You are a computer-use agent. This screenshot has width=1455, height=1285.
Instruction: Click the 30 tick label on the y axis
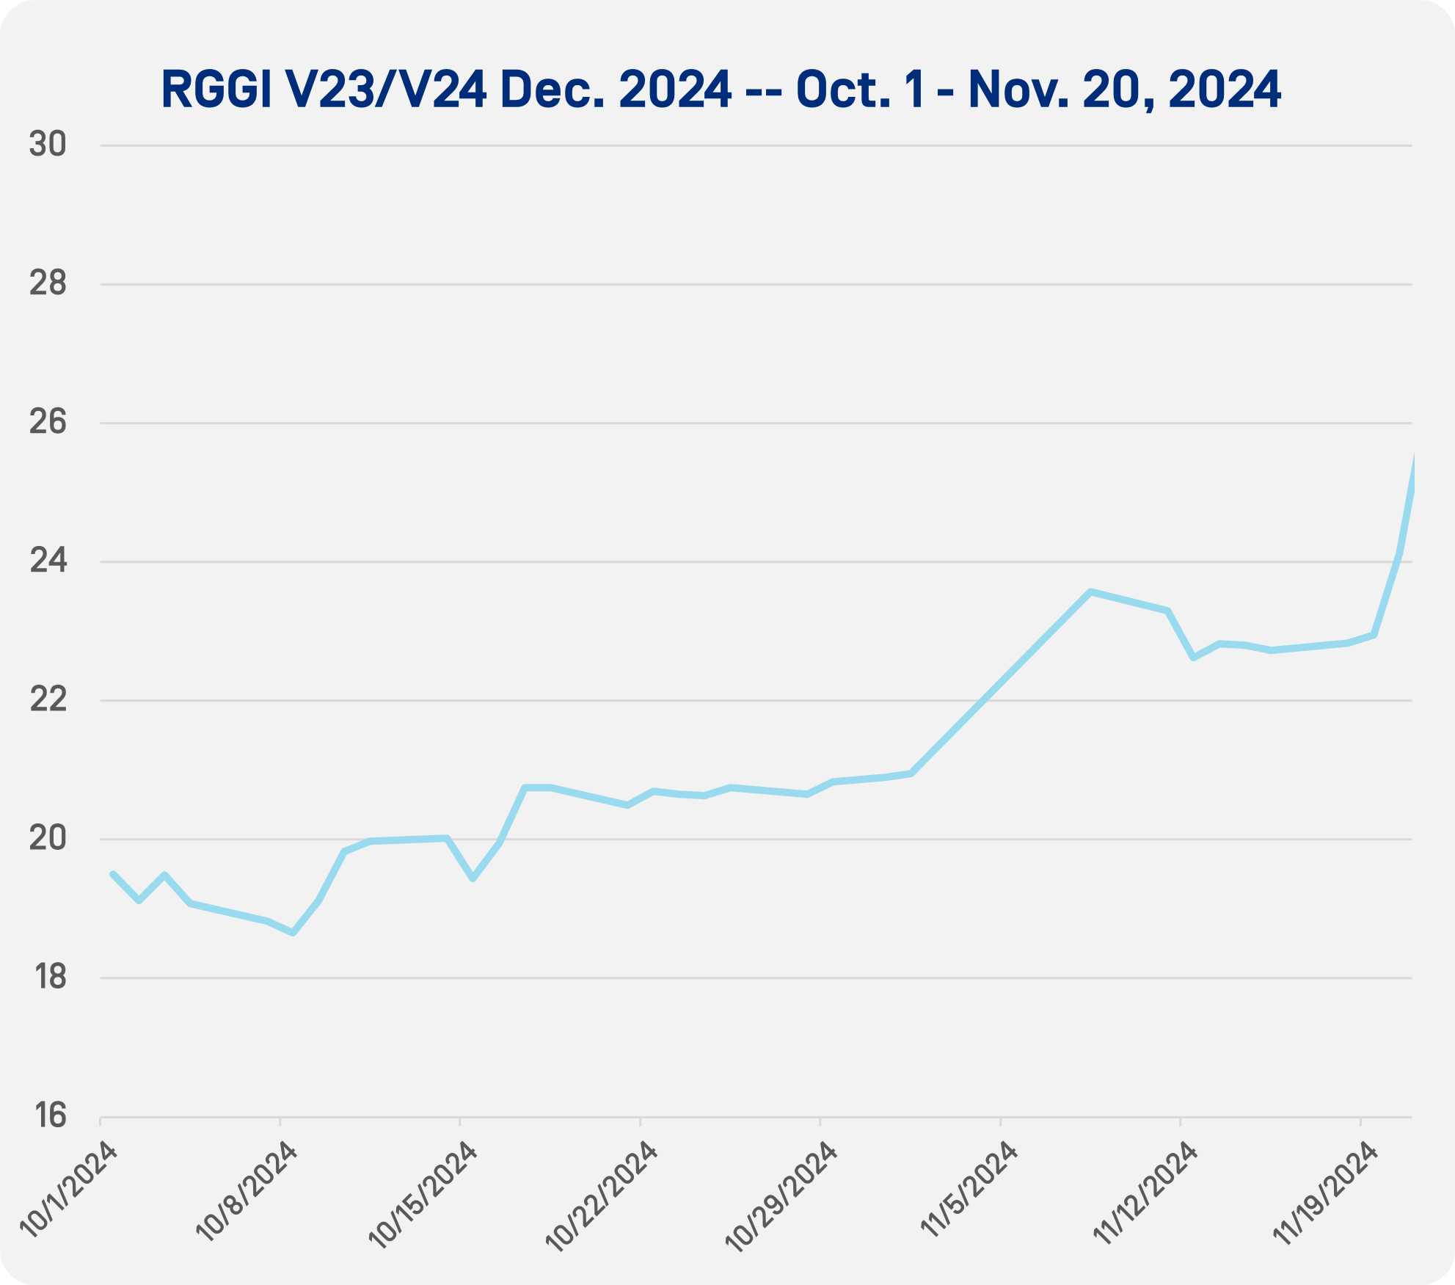click(x=48, y=145)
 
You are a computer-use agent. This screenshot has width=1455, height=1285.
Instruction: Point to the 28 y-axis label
click(x=48, y=284)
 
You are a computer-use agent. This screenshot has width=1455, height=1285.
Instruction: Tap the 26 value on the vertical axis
click(x=48, y=423)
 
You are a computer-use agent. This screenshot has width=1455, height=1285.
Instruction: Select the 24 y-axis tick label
click(x=48, y=561)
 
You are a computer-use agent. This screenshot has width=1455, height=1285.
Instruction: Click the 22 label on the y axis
click(x=48, y=700)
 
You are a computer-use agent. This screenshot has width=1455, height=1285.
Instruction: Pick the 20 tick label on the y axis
click(x=48, y=839)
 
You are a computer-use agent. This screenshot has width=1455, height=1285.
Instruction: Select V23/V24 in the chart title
click(x=375, y=90)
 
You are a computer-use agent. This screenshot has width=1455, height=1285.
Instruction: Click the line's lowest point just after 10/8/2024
click(x=293, y=933)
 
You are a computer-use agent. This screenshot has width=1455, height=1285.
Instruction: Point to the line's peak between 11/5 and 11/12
click(x=1091, y=591)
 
